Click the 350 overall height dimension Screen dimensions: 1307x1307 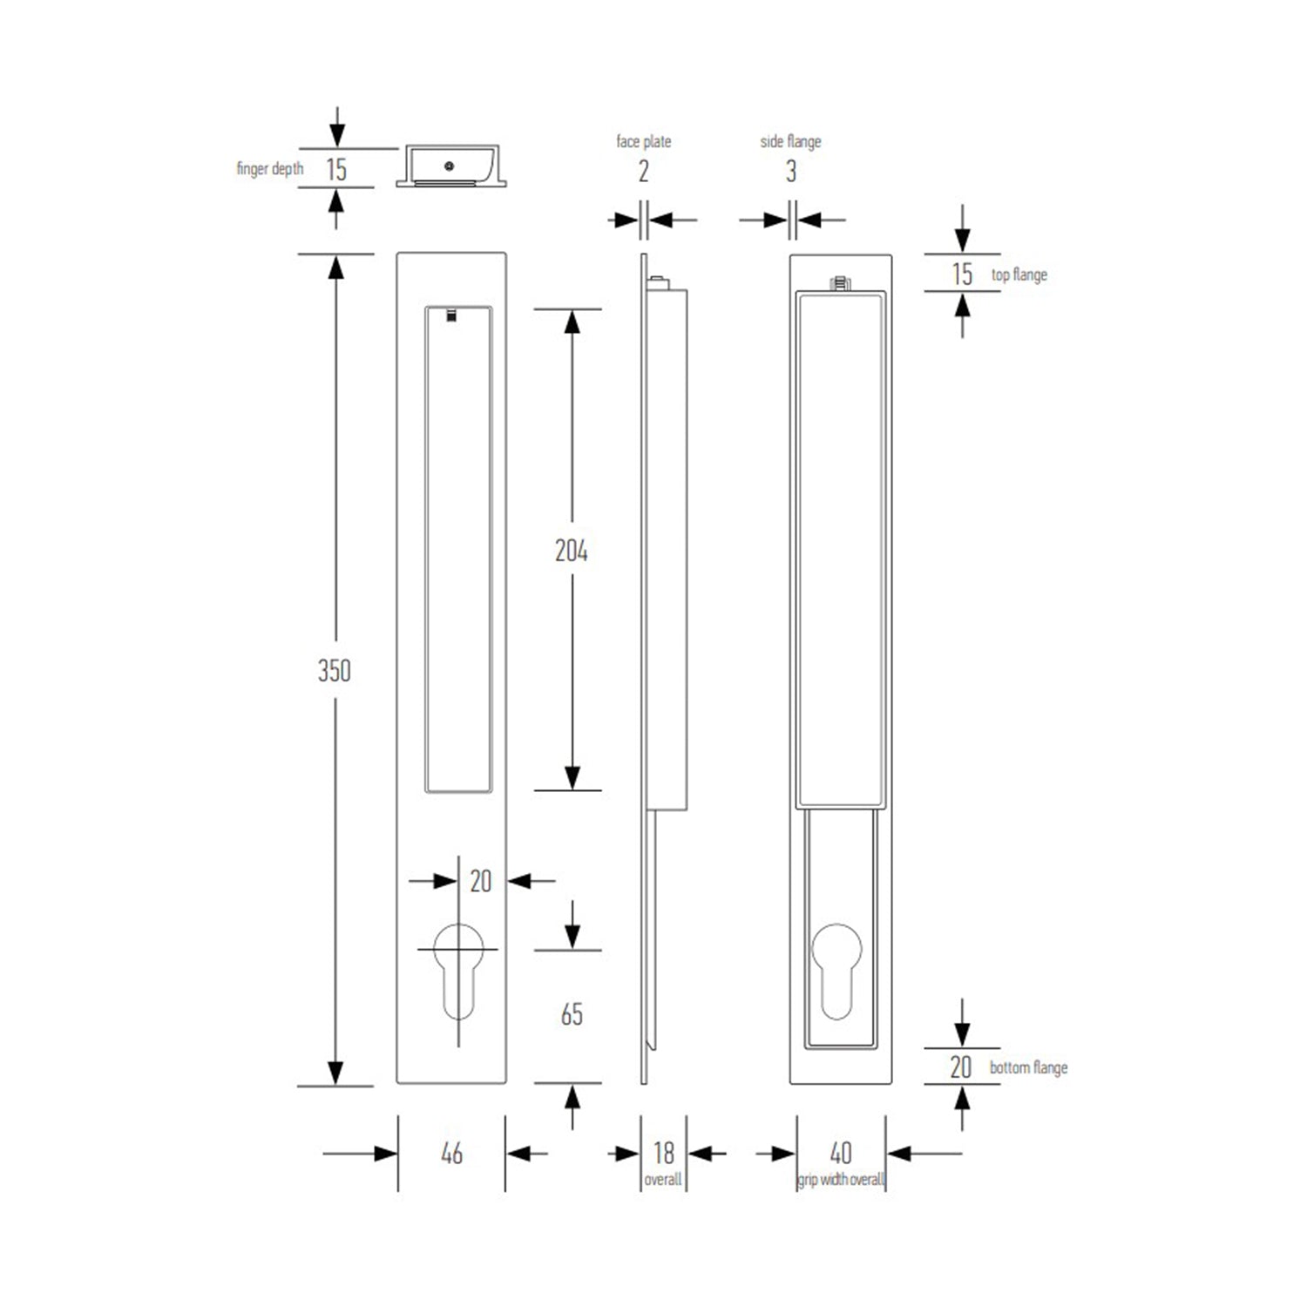[335, 670]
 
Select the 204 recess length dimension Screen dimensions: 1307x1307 [572, 551]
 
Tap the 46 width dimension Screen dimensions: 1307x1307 [451, 1154]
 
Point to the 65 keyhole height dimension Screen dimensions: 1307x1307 [572, 1014]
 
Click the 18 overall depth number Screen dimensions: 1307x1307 [664, 1153]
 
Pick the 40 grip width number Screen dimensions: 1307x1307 [841, 1153]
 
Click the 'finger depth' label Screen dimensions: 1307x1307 [270, 168]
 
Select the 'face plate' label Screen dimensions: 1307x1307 [643, 141]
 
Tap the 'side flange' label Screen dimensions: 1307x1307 [790, 141]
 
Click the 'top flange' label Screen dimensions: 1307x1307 [1019, 274]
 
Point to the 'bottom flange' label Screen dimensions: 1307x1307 [1028, 1067]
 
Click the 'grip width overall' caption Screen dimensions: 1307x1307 [841, 1180]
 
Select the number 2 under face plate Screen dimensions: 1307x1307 [643, 172]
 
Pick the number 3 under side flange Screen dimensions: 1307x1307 [791, 172]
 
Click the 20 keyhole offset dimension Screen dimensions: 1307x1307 [481, 882]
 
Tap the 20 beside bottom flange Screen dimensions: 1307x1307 [960, 1067]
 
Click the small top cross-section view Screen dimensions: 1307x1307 [450, 166]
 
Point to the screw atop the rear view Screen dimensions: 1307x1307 [840, 282]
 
